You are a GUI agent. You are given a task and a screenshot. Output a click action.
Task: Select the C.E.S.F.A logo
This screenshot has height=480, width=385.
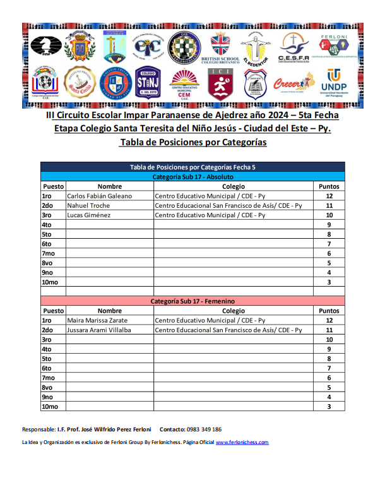tap(293, 47)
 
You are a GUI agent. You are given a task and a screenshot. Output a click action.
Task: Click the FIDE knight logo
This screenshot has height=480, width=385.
tap(44, 46)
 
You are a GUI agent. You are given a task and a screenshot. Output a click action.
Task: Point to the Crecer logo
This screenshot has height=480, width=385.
tap(293, 82)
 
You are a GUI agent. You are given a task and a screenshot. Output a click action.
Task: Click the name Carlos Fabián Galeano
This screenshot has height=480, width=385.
tap(99, 196)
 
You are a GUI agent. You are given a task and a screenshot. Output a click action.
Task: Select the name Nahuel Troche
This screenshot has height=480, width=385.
tap(88, 205)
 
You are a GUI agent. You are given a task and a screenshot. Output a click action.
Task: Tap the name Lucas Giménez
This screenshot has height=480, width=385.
tap(88, 215)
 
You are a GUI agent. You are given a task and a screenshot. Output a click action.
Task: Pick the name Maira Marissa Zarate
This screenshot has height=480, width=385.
tap(98, 320)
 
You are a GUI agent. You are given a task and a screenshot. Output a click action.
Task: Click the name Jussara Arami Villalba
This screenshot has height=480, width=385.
tap(99, 330)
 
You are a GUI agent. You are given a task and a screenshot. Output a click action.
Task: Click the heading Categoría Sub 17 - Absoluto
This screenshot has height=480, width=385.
tap(193, 177)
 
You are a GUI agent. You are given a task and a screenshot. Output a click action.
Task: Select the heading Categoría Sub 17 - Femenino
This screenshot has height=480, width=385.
tap(193, 301)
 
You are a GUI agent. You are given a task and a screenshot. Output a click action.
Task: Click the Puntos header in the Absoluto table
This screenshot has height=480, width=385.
tap(329, 186)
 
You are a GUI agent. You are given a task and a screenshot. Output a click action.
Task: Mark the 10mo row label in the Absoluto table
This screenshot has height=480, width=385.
tap(49, 282)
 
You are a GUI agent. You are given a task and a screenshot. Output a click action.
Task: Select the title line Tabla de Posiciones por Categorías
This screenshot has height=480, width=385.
tap(192, 143)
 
